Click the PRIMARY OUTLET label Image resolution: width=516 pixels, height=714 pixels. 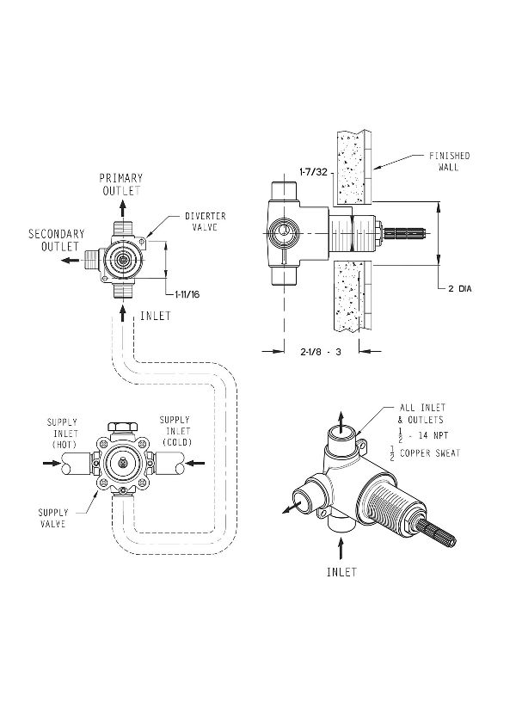point(120,184)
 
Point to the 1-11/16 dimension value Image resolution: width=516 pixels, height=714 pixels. point(175,293)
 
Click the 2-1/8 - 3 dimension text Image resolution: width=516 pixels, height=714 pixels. point(320,351)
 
